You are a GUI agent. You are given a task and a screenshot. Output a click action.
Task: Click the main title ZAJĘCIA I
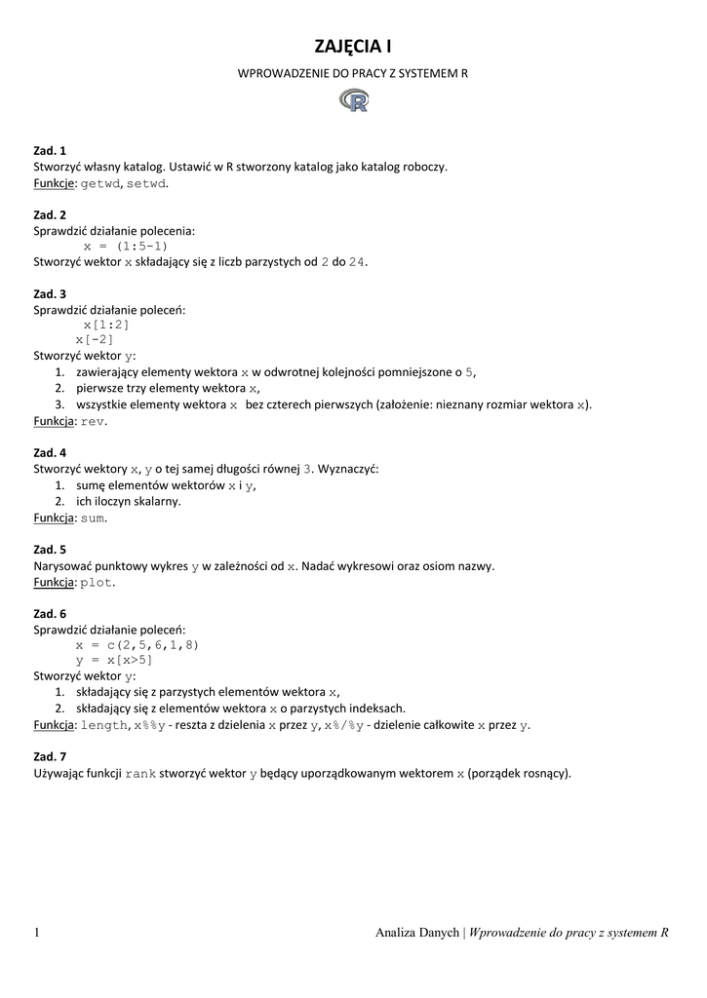(353, 46)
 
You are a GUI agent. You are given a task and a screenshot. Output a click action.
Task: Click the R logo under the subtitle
(354, 100)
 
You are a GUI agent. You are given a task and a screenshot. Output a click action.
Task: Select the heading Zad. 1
(50, 151)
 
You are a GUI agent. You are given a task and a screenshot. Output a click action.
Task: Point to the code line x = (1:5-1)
(125, 247)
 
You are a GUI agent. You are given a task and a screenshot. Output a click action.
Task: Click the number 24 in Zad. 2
(358, 262)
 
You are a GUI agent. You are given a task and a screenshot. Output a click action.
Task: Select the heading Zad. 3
(50, 293)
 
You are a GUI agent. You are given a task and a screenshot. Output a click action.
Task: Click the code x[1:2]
(106, 325)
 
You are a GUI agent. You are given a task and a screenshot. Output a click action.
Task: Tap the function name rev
(93, 421)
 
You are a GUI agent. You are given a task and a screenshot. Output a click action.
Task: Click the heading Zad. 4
(50, 453)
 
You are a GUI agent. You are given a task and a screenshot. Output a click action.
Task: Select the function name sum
(93, 518)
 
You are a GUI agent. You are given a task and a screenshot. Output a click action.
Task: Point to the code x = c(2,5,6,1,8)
(137, 644)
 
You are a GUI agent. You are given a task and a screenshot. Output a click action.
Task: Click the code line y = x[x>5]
(114, 660)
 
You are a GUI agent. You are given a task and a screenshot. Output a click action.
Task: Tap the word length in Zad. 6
(104, 725)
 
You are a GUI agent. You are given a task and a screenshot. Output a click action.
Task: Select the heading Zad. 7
(50, 756)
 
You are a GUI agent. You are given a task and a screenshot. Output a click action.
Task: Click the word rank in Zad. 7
(141, 774)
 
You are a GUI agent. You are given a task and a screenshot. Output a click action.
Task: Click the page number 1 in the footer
(37, 933)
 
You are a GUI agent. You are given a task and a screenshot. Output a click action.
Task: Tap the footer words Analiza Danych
(416, 933)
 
